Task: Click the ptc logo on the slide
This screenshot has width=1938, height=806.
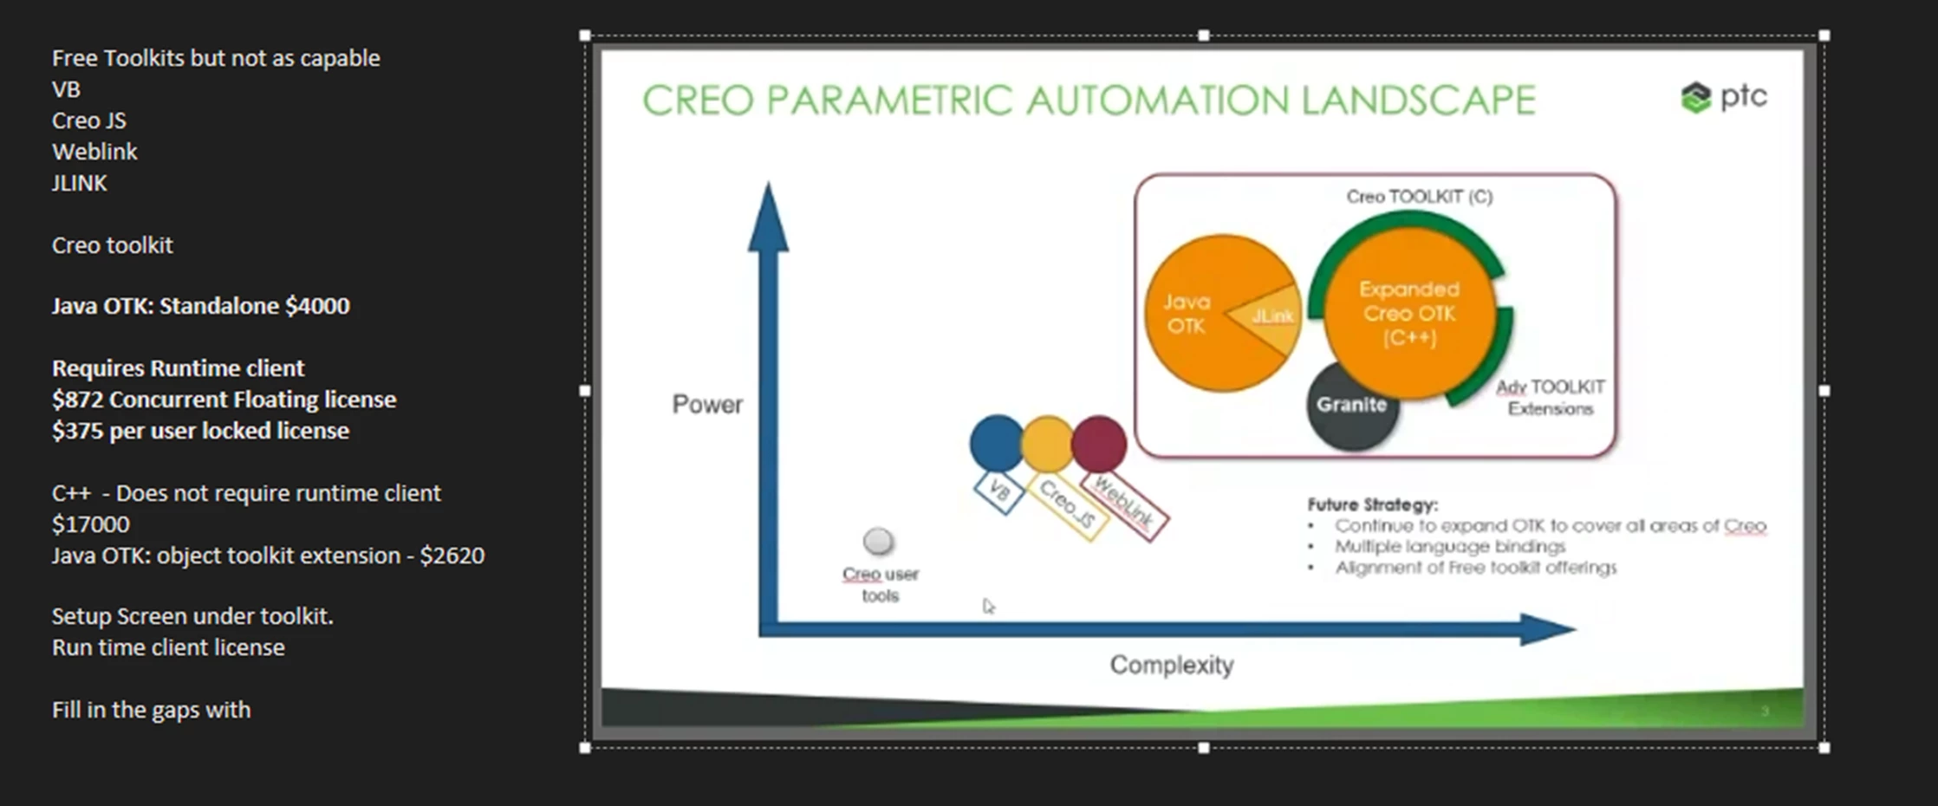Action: click(1723, 97)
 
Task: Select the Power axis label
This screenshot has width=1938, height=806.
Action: click(707, 405)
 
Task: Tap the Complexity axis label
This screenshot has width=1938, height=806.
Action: click(1172, 665)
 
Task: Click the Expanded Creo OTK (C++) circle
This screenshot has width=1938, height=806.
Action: click(1409, 313)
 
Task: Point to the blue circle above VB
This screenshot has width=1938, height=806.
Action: click(997, 443)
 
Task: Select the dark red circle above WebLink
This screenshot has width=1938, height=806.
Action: click(1099, 443)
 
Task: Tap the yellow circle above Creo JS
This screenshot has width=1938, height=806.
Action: click(1048, 443)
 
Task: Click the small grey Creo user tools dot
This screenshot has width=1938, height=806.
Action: click(878, 542)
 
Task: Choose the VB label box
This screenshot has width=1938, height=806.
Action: click(998, 492)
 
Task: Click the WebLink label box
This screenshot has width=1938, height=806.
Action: click(1124, 505)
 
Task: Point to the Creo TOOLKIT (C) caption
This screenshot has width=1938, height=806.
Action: click(1420, 197)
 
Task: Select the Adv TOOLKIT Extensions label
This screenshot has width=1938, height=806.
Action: click(1551, 398)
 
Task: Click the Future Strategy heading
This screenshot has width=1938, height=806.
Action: click(1372, 504)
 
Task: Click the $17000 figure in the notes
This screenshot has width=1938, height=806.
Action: click(90, 524)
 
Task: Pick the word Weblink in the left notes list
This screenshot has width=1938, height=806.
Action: click(94, 152)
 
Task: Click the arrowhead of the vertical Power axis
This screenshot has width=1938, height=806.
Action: click(768, 217)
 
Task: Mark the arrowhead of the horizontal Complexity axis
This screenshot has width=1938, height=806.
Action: click(1548, 629)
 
